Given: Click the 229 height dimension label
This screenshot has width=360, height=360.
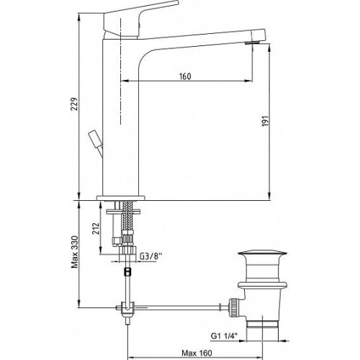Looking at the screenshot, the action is [75, 104].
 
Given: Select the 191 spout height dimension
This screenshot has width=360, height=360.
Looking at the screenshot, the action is [265, 121].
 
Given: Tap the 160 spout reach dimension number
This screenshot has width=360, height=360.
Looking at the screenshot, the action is [185, 76].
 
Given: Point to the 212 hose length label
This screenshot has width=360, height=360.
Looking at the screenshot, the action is [96, 229].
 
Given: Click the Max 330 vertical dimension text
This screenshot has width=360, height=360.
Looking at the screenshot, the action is [75, 252].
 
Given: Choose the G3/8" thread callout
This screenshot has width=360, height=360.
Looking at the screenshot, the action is [151, 256].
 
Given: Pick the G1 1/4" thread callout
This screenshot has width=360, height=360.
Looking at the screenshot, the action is [224, 336].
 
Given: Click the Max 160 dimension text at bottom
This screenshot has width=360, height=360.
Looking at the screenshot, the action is [197, 353].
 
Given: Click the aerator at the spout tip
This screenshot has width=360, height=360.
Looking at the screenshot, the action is [252, 43].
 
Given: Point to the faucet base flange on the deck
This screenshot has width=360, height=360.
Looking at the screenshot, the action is [121, 198].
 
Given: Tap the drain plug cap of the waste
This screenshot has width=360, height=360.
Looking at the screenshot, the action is [262, 253].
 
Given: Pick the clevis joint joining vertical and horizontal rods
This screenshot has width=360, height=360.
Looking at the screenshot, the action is [127, 308].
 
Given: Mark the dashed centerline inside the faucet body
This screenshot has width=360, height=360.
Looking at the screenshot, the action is [121, 72].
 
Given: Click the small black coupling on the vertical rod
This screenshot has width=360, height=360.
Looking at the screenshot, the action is [127, 271].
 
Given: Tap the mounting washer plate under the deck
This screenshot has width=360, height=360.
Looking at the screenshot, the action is [123, 212].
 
